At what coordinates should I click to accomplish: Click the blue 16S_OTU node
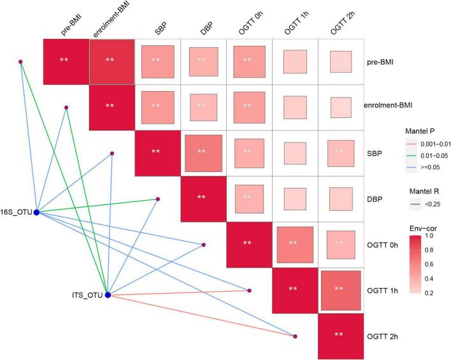pyautogui.click(x=36, y=212)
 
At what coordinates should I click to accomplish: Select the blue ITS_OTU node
pyautogui.click(x=108, y=295)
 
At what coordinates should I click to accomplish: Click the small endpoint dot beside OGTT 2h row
pyautogui.click(x=296, y=336)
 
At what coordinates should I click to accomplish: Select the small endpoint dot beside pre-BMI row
pyautogui.click(x=21, y=62)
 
